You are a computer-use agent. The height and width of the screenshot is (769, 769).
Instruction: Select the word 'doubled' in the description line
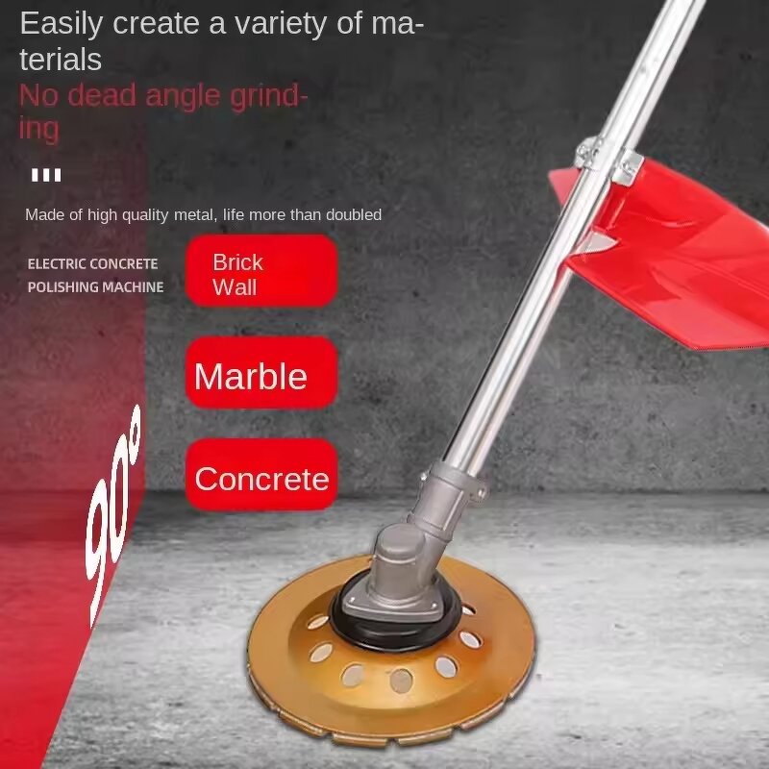click(x=356, y=214)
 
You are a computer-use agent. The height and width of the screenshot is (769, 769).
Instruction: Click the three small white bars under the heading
click(x=46, y=175)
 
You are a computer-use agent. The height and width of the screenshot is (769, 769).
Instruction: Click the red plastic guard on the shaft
click(x=673, y=250)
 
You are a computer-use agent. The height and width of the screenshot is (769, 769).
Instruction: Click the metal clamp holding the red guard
click(x=606, y=159)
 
